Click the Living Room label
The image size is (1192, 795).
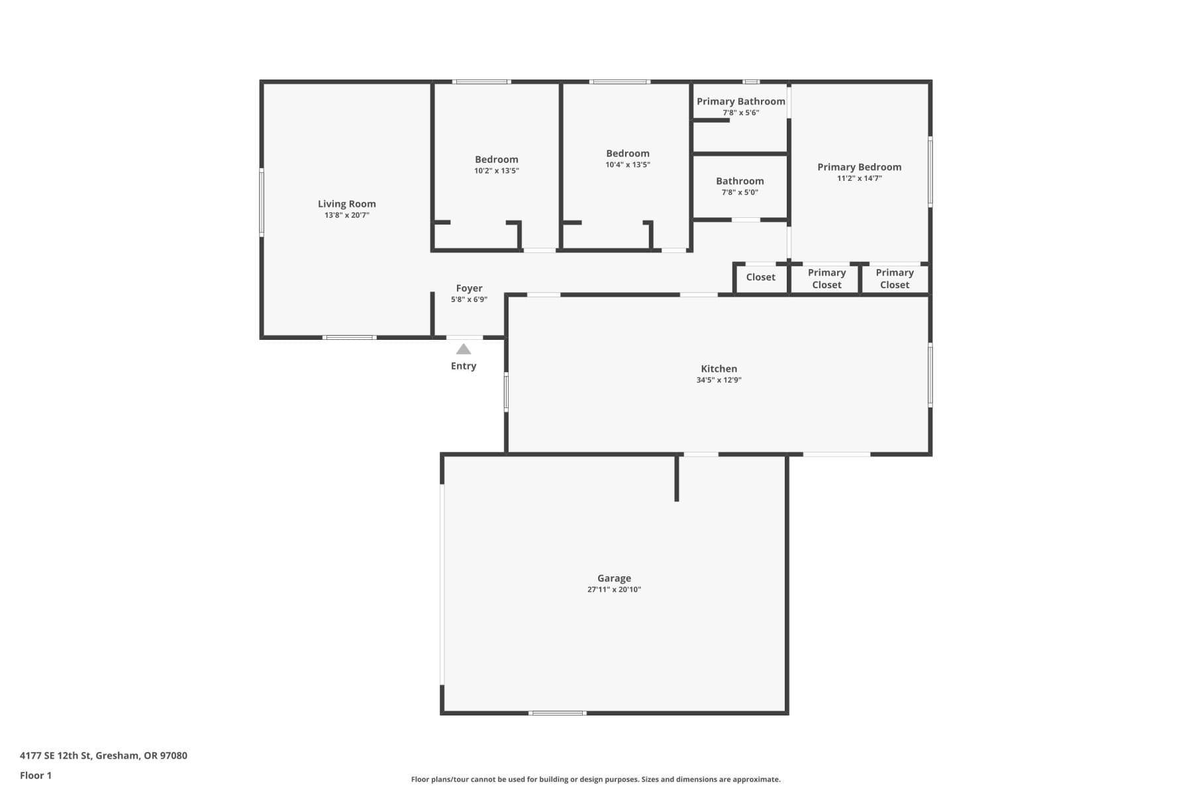pos(346,204)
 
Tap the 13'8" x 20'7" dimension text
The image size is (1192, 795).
pos(346,215)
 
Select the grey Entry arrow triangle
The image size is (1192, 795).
pos(464,349)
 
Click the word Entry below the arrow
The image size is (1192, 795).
pos(464,366)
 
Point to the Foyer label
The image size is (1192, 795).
pos(469,288)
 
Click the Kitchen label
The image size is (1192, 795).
pos(719,369)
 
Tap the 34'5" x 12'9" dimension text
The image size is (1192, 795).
pos(719,380)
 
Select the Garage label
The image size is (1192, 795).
pos(614,578)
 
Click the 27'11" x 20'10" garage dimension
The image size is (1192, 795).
pos(614,590)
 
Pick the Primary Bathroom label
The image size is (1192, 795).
pos(740,101)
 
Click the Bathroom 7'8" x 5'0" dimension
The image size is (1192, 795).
pos(740,193)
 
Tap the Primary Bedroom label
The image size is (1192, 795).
pos(859,167)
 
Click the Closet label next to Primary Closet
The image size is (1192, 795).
pos(760,278)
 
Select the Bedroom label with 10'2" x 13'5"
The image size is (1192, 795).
pos(496,160)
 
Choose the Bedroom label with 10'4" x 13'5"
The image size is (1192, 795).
pos(627,154)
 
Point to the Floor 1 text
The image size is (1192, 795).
pos(36,775)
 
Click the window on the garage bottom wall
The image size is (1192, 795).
pos(557,713)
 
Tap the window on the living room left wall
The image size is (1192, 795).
pos(262,202)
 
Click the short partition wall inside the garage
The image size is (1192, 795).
pos(676,478)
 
